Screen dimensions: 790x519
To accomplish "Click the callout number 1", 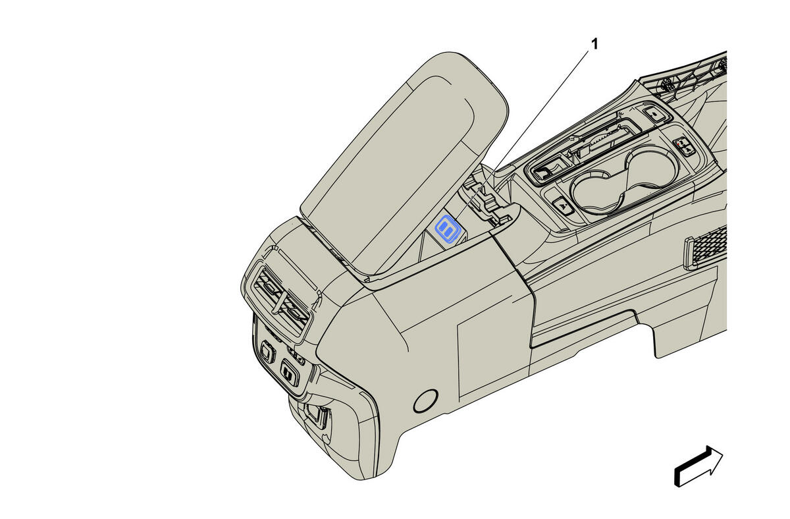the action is (594, 44).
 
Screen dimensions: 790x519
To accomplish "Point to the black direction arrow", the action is (698, 466).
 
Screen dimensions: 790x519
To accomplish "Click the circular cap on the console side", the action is (426, 401).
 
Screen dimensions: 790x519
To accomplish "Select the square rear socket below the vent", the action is (267, 352).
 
